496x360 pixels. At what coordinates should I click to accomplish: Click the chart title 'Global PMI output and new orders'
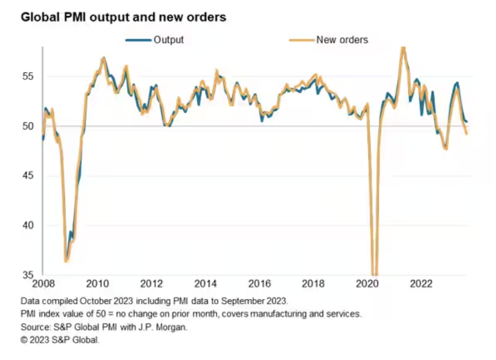click(x=123, y=17)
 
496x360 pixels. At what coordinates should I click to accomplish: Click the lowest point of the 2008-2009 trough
click(x=66, y=261)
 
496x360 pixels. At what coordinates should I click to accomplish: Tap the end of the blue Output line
click(x=467, y=122)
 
